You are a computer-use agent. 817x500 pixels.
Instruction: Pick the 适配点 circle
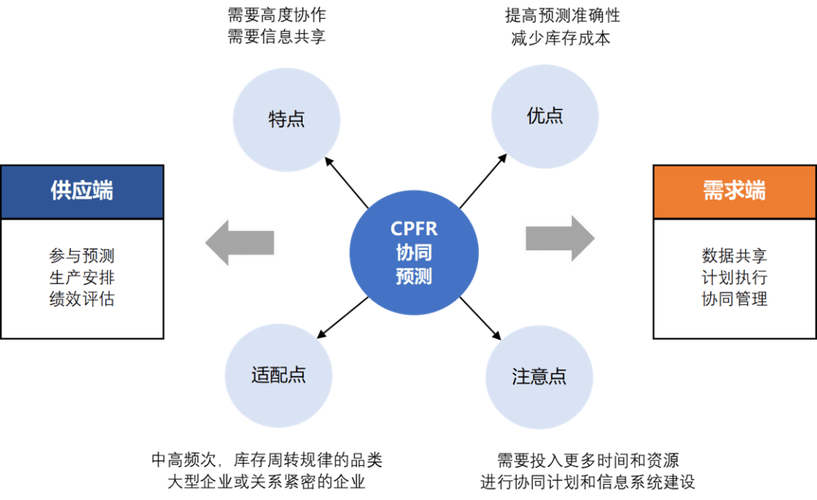click(279, 375)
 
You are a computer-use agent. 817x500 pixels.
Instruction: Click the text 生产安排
click(82, 275)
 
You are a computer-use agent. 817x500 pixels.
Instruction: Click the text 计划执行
click(735, 275)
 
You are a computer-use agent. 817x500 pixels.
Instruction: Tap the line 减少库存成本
click(559, 39)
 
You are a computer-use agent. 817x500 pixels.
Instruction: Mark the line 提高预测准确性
click(559, 16)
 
